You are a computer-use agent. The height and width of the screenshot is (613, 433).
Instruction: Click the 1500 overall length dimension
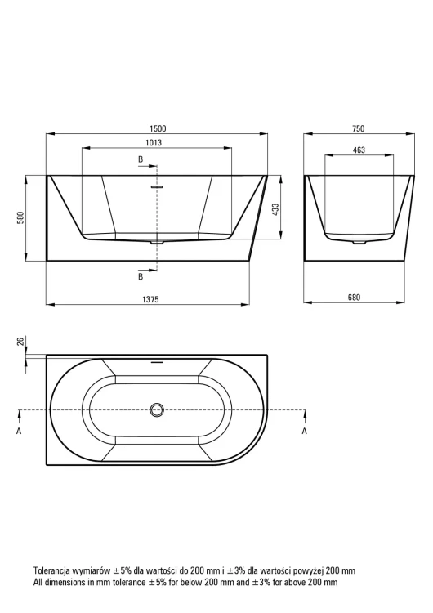[x=157, y=128]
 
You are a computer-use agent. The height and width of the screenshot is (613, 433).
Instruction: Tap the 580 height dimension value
[x=20, y=217]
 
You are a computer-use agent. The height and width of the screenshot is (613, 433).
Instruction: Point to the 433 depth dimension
[x=275, y=212]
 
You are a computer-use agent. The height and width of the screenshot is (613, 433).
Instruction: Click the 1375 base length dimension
[x=150, y=299]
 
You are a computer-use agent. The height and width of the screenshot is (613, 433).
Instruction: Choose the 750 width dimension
[x=359, y=128]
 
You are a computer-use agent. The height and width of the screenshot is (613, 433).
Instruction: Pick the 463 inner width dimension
[x=359, y=150]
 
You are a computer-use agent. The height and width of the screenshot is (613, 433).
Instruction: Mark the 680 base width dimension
[x=354, y=298]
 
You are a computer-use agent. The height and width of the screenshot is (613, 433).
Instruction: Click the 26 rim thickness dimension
[x=21, y=341]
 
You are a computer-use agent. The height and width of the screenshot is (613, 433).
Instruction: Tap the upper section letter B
[x=141, y=159]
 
